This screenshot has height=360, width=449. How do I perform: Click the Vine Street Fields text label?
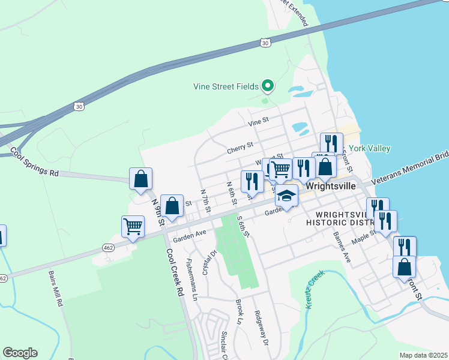pyautogui.click(x=226, y=86)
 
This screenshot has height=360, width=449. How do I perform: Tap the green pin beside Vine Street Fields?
pyautogui.click(x=268, y=86)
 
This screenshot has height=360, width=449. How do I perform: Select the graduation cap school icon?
pyautogui.click(x=286, y=196)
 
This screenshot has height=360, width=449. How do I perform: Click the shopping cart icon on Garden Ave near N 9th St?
pyautogui.click(x=133, y=226)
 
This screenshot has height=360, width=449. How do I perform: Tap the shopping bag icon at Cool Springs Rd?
pyautogui.click(x=140, y=178)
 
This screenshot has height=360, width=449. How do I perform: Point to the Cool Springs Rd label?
pyautogui.click(x=35, y=163)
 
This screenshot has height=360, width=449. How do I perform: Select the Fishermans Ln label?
pyautogui.click(x=191, y=279)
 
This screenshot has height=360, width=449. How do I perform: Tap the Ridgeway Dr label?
pyautogui.click(x=262, y=329)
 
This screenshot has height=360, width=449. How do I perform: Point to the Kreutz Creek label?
pyautogui.click(x=315, y=289)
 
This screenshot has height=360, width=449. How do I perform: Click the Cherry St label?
pyautogui.click(x=240, y=148)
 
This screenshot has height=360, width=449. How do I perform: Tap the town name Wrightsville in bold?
pyautogui.click(x=330, y=186)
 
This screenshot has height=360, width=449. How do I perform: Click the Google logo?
pyautogui.click(x=20, y=353)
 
